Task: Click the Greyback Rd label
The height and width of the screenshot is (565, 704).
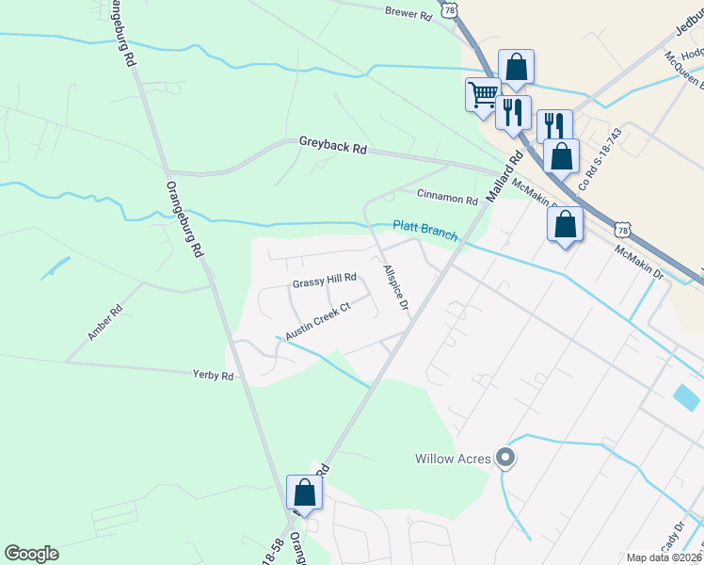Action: tap(333, 144)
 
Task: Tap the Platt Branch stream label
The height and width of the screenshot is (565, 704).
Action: tap(425, 231)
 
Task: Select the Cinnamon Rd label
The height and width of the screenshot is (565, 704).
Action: tap(448, 199)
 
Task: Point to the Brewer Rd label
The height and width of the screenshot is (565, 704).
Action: tap(408, 14)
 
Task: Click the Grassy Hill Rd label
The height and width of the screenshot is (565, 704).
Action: tap(325, 279)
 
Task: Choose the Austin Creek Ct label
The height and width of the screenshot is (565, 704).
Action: tap(317, 321)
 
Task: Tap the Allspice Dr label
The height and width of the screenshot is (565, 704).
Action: tap(395, 288)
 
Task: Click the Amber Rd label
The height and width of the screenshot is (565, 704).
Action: tap(104, 322)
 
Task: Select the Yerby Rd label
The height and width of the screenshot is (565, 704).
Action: tap(213, 375)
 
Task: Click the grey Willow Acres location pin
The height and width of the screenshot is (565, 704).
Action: tap(505, 459)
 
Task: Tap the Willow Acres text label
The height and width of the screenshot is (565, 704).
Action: tap(453, 460)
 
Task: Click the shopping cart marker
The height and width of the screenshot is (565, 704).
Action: tap(482, 93)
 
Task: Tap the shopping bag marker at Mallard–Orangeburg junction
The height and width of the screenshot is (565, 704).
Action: tap(304, 492)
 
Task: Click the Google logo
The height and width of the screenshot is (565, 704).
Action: tap(31, 554)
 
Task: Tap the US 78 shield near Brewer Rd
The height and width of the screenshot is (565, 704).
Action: tap(453, 9)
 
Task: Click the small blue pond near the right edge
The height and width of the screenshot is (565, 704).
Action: tap(687, 396)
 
